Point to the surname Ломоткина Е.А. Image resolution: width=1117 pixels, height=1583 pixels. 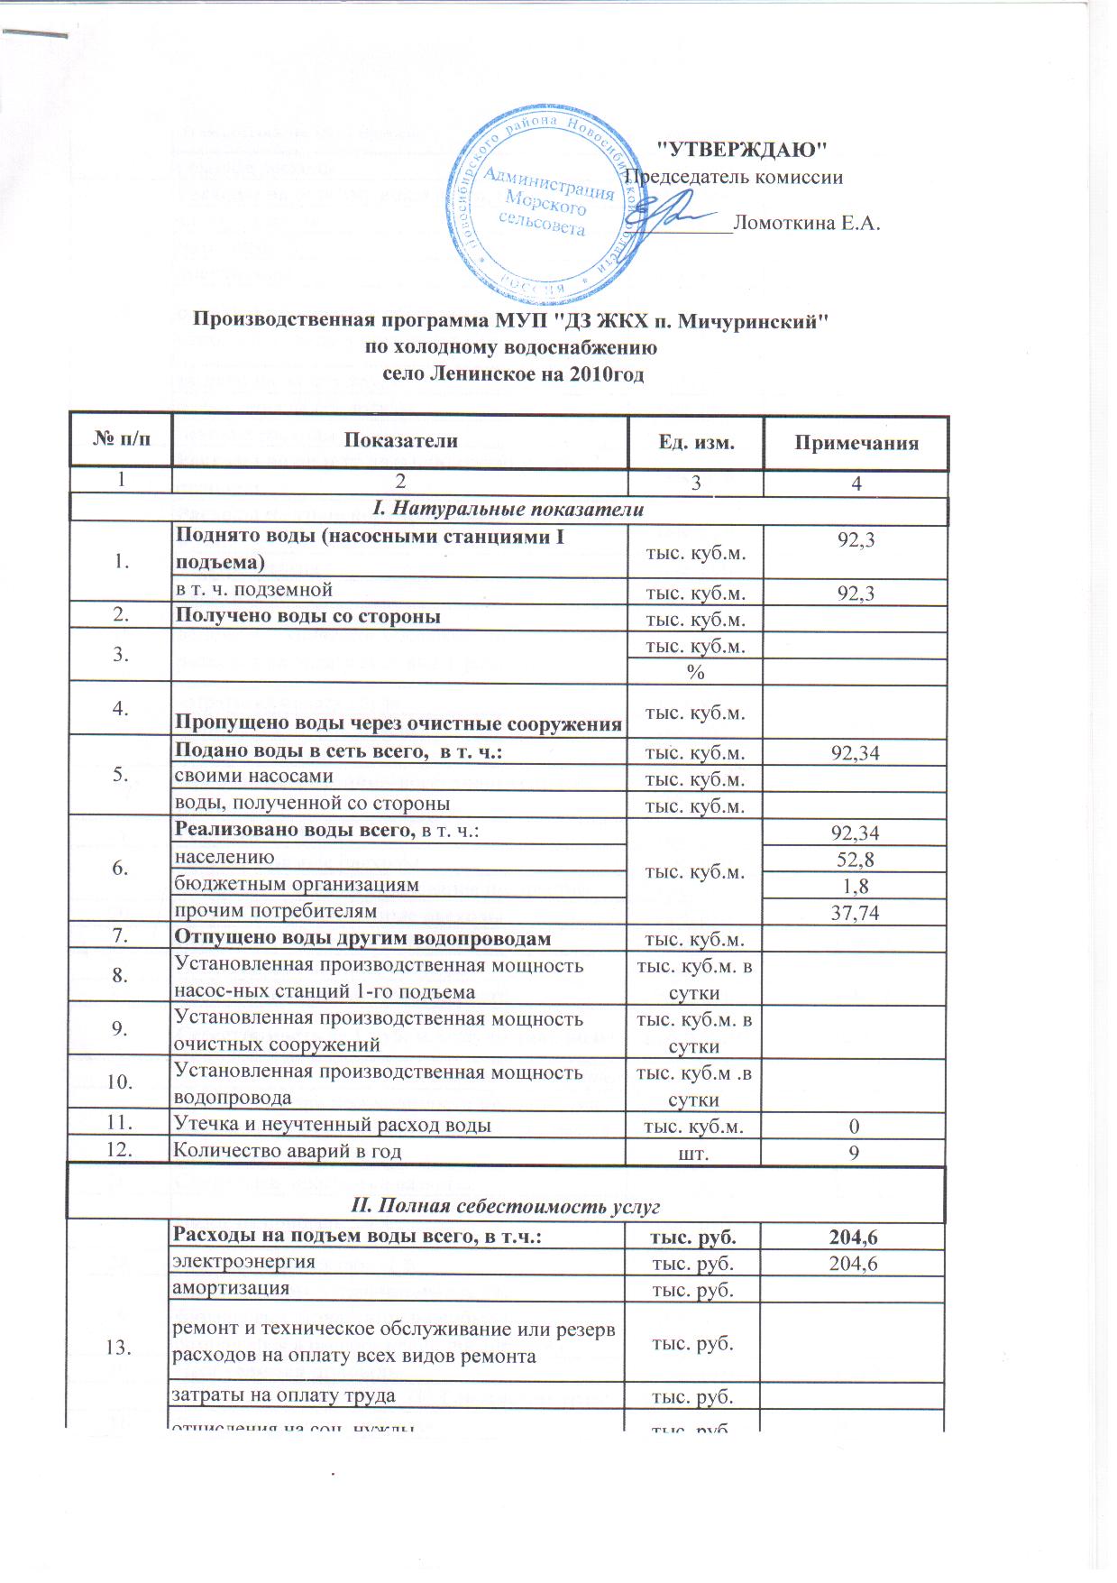[806, 223]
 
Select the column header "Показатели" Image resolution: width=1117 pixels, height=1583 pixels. [400, 441]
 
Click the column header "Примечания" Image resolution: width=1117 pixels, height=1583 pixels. [856, 443]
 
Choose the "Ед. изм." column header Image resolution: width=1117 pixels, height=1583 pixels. [695, 442]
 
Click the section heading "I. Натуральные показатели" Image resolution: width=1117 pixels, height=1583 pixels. [509, 509]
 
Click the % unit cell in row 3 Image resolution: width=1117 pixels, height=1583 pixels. [695, 673]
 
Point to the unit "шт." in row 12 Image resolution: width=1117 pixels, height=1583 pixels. [694, 1152]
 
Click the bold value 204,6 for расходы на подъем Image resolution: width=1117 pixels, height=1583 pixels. [854, 1238]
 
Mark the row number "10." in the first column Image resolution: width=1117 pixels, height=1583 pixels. [119, 1082]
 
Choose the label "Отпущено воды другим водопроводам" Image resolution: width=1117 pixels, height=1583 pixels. [362, 938]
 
